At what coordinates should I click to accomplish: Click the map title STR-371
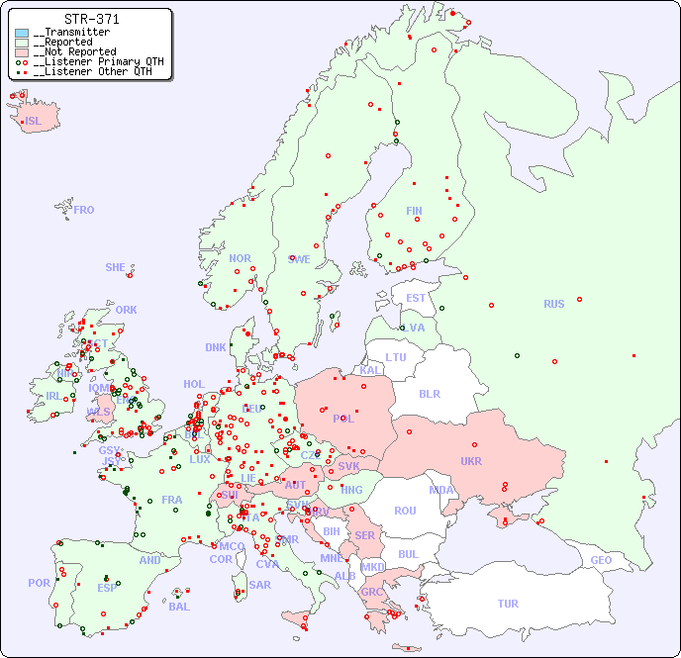tap(91, 19)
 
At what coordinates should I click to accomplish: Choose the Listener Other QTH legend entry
tap(92, 71)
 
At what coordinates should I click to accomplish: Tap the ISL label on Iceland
tap(34, 122)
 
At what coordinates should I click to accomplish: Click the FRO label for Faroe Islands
tap(84, 210)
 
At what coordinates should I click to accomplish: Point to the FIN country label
tap(414, 211)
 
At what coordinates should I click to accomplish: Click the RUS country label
tap(553, 304)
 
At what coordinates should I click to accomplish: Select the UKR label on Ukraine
tap(471, 461)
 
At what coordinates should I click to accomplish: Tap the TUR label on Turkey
tap(508, 604)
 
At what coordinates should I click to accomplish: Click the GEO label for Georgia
tap(601, 560)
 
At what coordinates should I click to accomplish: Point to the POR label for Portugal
tap(39, 583)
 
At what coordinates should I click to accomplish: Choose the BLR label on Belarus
tap(429, 393)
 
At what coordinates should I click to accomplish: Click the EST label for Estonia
tap(416, 298)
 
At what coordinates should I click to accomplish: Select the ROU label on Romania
tap(405, 511)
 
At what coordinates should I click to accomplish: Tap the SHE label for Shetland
tap(116, 267)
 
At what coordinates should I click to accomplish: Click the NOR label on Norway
tap(240, 258)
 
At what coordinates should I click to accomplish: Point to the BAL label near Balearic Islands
tap(178, 607)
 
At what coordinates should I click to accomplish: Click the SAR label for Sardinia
tap(259, 585)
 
